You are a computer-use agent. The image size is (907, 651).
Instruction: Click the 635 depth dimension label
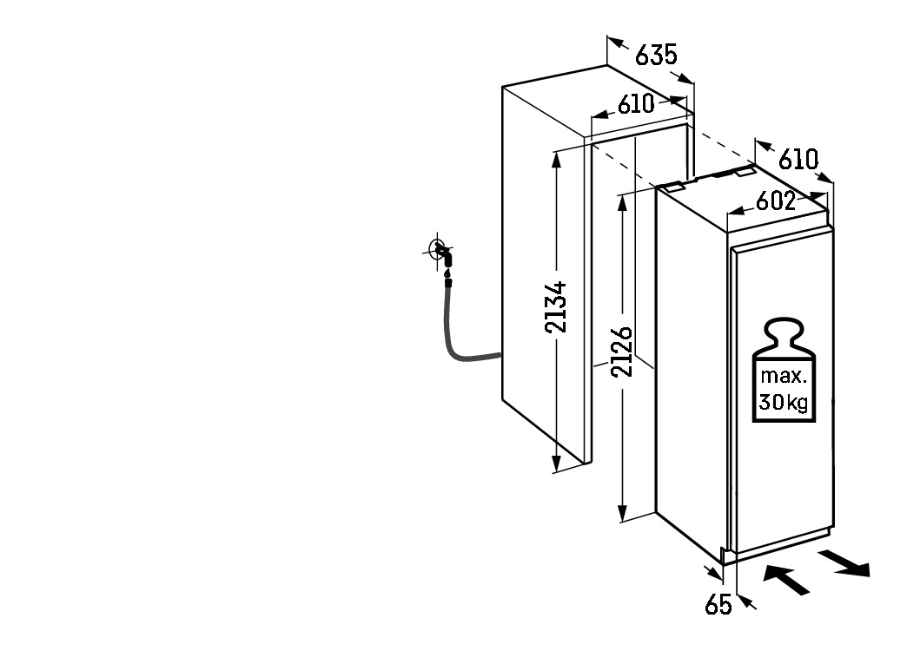[x=656, y=55]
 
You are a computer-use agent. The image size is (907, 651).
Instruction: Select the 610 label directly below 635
[x=636, y=104]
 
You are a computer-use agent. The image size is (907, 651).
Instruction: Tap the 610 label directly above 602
[x=798, y=160]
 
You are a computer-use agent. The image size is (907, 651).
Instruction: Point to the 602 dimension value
[x=775, y=201]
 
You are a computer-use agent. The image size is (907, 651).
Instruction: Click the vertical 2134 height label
[x=556, y=307]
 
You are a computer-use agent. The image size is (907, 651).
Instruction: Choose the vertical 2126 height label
[x=622, y=352]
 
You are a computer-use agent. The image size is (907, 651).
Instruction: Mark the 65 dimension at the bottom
[x=718, y=605]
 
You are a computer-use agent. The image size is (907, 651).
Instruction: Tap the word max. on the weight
[x=784, y=376]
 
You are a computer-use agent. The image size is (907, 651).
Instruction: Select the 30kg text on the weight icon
[x=784, y=401]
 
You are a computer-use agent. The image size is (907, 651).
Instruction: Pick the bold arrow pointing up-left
[x=786, y=580]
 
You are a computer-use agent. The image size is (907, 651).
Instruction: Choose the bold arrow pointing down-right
[x=844, y=563]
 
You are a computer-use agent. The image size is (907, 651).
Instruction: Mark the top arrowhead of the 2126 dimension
[x=622, y=203]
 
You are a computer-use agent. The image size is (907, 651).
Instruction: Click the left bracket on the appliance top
[x=672, y=186]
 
